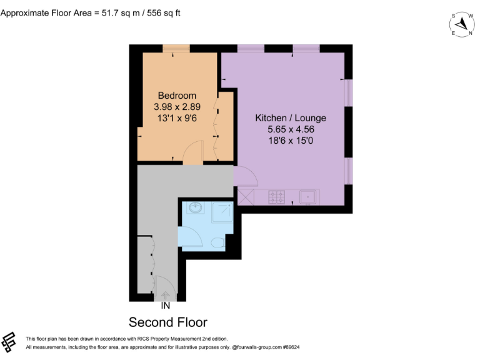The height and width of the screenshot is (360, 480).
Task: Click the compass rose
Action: coord(462,24)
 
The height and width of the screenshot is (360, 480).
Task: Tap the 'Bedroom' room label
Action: coord(177,96)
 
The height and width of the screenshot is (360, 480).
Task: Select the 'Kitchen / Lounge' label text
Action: coord(291,118)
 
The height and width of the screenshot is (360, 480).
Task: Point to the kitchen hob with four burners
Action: coord(277,197)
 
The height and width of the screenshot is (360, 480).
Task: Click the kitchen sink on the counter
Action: coord(308,197)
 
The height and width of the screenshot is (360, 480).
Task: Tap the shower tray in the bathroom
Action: coord(221,213)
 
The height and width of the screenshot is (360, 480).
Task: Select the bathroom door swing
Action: coord(191,237)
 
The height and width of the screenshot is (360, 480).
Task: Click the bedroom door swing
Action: coord(194,153)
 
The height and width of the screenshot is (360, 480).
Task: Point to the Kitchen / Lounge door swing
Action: coord(245,178)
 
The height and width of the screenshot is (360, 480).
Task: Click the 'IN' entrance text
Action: coord(165,306)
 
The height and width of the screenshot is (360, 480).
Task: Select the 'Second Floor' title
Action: coord(167,322)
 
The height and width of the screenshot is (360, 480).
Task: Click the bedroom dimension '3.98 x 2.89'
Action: coord(177,107)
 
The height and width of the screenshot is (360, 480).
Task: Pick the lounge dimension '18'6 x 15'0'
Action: coord(291,141)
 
